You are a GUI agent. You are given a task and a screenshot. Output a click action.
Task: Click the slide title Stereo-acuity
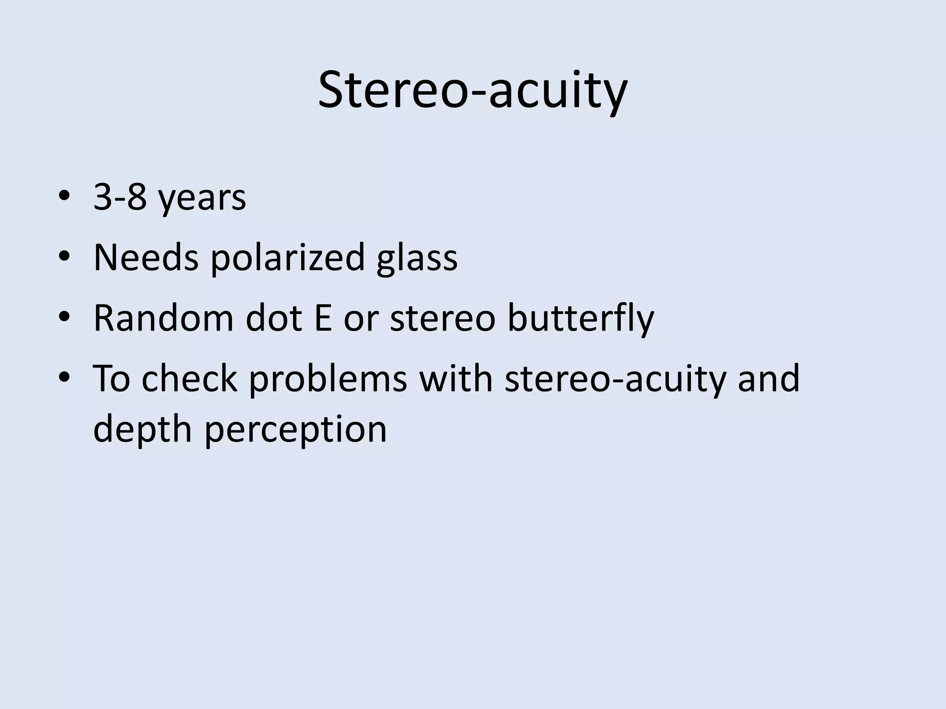click(473, 90)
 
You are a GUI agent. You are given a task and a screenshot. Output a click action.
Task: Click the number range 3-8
click(120, 197)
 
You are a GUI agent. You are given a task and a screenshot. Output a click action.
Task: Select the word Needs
click(146, 257)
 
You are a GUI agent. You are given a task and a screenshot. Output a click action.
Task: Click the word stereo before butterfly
click(443, 318)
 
